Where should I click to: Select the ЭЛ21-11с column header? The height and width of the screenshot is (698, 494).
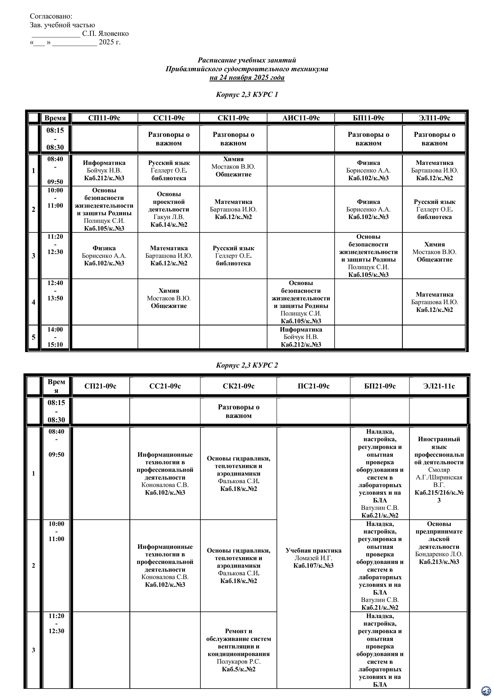point(439,386)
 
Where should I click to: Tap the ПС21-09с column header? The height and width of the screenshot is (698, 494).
point(314,386)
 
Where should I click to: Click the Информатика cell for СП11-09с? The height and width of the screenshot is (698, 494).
point(104,170)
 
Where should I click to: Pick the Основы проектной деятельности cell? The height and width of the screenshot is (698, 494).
point(169,209)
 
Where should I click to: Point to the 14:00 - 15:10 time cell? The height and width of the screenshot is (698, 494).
point(55,337)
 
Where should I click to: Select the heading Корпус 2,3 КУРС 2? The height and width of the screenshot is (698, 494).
point(247,365)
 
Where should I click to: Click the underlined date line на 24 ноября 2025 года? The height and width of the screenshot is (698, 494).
point(247,78)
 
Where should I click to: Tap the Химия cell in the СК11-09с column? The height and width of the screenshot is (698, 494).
point(233,167)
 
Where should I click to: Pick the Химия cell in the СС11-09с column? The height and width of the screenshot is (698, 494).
point(169,298)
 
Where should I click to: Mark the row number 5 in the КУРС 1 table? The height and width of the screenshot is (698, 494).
point(33,337)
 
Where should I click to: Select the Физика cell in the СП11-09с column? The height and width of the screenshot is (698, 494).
point(104,256)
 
